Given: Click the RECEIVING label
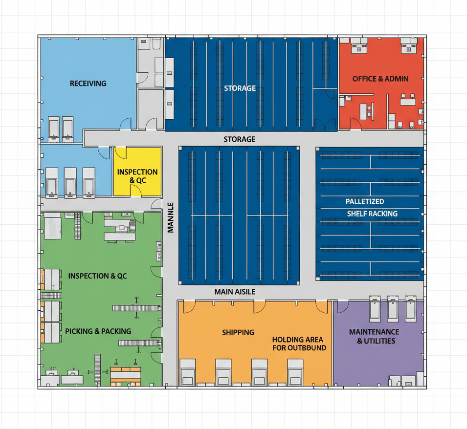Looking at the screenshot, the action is click(x=88, y=84).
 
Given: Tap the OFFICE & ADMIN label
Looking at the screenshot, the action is click(x=380, y=79).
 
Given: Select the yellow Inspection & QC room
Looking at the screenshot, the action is click(x=137, y=172).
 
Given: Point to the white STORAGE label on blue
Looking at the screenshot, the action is click(x=240, y=88).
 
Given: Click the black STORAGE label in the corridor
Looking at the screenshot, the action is click(x=240, y=139).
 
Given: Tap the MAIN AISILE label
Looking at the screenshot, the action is click(x=235, y=292).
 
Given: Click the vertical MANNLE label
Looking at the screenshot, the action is click(x=170, y=217).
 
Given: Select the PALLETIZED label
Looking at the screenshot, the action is click(x=365, y=201).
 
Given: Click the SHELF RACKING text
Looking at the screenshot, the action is click(x=372, y=214).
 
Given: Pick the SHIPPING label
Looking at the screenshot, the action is click(x=238, y=332).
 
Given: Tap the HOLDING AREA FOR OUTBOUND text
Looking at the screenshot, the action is click(x=299, y=343).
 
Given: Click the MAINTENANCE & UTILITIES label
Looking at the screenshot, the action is click(x=374, y=337).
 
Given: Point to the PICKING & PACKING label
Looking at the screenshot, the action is click(x=98, y=331).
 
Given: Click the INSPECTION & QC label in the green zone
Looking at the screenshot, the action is click(x=97, y=276).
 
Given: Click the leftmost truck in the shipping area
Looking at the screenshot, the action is click(x=188, y=372).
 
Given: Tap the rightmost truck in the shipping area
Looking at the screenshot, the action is click(x=295, y=372).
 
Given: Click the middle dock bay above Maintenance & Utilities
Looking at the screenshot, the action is click(x=393, y=308).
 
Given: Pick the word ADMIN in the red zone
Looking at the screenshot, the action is click(x=397, y=79).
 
